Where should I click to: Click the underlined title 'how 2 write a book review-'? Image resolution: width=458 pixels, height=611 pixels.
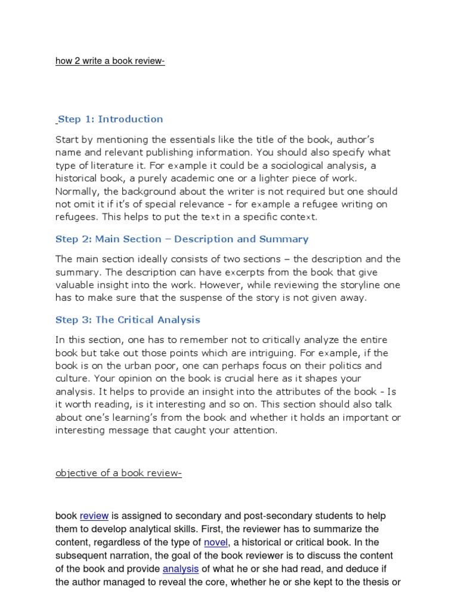110,62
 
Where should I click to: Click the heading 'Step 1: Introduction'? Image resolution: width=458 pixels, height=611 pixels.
110,119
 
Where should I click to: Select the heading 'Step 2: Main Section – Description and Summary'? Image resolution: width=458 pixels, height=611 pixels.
182,239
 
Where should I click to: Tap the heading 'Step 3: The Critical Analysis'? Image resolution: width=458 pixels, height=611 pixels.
128,320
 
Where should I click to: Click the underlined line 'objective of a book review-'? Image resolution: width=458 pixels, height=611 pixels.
118,474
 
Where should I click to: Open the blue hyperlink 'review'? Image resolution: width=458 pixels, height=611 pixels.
94,516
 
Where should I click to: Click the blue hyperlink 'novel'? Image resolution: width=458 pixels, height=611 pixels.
216,542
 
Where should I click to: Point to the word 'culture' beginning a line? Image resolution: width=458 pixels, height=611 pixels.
72,378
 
